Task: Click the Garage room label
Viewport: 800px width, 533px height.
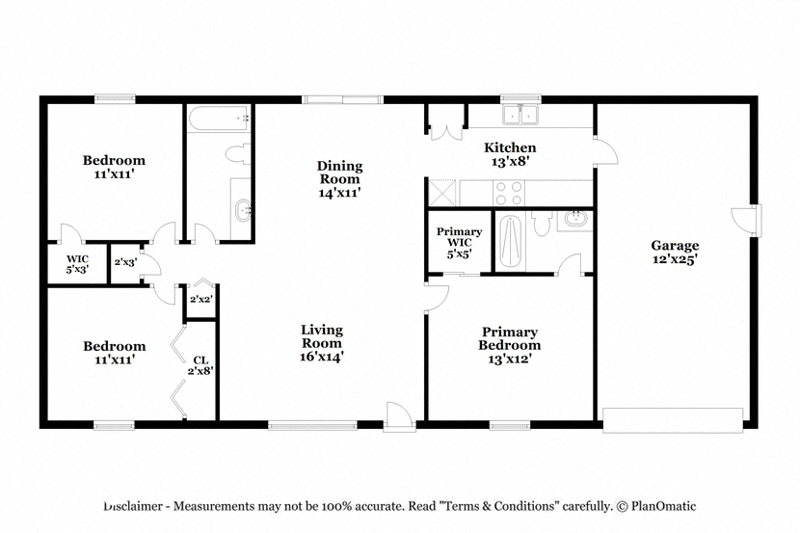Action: pyautogui.click(x=675, y=246)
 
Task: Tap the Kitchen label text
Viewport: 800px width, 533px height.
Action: pyautogui.click(x=510, y=147)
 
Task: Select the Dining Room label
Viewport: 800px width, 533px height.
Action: pyautogui.click(x=340, y=173)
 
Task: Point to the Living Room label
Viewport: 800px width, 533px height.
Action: pyautogui.click(x=321, y=336)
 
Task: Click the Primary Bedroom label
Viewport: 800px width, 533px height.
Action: pyautogui.click(x=509, y=338)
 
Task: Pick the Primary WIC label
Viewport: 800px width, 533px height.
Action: pyautogui.click(x=459, y=237)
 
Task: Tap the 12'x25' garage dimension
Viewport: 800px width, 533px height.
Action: pyautogui.click(x=675, y=259)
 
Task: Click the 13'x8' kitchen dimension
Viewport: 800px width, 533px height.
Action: pyautogui.click(x=510, y=162)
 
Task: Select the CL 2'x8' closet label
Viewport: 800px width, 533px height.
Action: pyautogui.click(x=200, y=365)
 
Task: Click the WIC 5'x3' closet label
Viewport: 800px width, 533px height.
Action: pyautogui.click(x=77, y=264)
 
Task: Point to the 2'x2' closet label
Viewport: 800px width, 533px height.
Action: pyautogui.click(x=200, y=300)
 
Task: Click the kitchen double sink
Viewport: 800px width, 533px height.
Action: pyautogui.click(x=520, y=115)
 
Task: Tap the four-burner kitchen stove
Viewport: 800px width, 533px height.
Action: pyautogui.click(x=509, y=193)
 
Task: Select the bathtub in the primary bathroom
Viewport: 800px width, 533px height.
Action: pyautogui.click(x=510, y=242)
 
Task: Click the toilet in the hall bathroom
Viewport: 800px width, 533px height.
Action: pyautogui.click(x=239, y=153)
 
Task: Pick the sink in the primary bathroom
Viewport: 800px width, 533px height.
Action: pyautogui.click(x=577, y=220)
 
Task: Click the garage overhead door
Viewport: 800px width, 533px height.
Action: pyautogui.click(x=673, y=420)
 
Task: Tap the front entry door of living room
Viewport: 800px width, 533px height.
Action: pyautogui.click(x=399, y=416)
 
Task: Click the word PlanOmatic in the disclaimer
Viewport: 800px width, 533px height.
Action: pyautogui.click(x=663, y=506)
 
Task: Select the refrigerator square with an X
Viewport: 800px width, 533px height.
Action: pyautogui.click(x=441, y=193)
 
